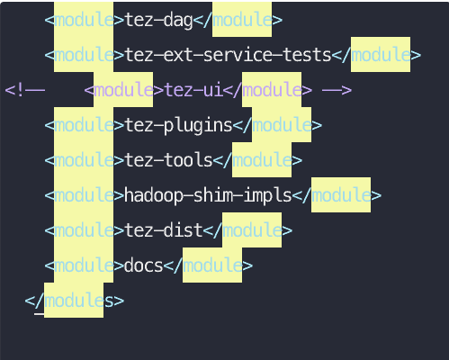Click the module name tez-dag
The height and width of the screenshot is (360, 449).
[x=158, y=21]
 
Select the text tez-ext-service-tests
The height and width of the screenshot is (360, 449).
[x=228, y=55]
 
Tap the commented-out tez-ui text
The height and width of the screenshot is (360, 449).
[x=193, y=90]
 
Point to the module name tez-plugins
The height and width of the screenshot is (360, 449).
[x=178, y=126]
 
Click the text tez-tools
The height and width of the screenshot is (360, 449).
[x=168, y=160]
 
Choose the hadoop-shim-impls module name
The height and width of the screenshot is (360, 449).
[x=208, y=195]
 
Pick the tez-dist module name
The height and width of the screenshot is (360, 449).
[x=164, y=230]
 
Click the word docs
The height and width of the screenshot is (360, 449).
[x=143, y=265]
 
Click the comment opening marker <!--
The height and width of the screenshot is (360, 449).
[x=25, y=90]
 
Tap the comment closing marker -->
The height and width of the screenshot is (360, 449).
[x=337, y=90]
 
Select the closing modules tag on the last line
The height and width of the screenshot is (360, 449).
[x=75, y=301]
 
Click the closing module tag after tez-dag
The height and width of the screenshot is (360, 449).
[x=238, y=20]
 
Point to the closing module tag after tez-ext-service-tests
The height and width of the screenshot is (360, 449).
[x=376, y=55]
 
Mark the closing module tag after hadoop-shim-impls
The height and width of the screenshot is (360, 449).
[x=337, y=195]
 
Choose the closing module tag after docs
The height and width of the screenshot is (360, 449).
[x=208, y=265]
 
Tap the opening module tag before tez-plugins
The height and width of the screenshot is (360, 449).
[x=85, y=125]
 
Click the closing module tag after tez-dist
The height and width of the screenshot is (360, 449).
[x=247, y=230]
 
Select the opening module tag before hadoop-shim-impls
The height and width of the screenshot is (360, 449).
[x=85, y=195]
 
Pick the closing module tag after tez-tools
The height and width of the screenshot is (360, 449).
[x=257, y=160]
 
